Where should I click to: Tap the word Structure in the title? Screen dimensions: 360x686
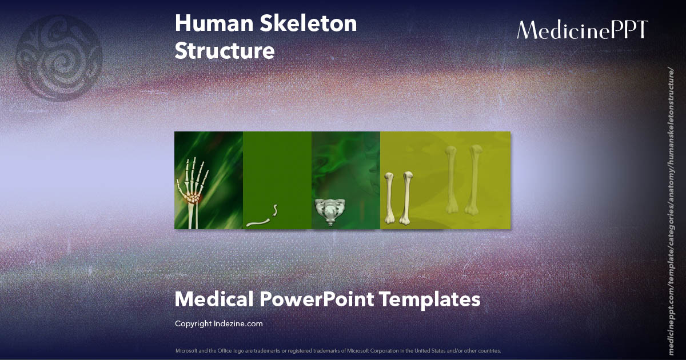pos(225,51)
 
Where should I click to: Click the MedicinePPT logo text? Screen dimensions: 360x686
pos(582,30)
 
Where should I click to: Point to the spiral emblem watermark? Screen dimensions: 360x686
pos(59,58)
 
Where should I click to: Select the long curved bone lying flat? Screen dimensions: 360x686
pos(259,221)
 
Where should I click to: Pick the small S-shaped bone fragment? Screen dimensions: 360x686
pos(275,210)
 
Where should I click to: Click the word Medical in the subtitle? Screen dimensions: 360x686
pos(214,299)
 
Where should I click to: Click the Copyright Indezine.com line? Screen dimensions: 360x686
pos(218,324)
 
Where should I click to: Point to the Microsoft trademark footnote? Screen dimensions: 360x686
pos(338,350)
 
